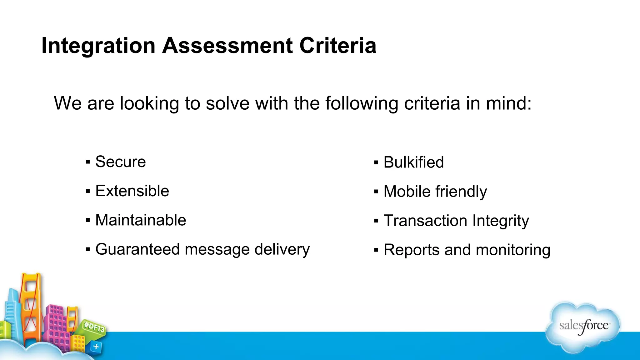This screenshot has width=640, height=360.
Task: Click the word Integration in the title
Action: click(98, 46)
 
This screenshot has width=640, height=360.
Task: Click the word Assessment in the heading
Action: click(227, 46)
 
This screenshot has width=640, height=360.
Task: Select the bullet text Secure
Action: click(120, 162)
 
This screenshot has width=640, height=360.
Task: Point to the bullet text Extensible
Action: click(132, 191)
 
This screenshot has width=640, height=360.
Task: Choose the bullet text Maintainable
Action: click(141, 220)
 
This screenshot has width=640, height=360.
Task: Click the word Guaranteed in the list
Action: click(137, 249)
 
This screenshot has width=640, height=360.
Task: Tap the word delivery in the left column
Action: click(282, 249)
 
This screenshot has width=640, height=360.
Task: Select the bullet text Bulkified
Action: click(413, 162)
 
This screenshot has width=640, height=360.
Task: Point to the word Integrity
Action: click(501, 221)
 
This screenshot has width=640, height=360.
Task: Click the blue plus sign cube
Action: click(96, 346)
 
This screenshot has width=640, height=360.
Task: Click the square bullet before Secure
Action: click(88, 162)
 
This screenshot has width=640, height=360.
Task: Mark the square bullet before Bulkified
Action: click(376, 162)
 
